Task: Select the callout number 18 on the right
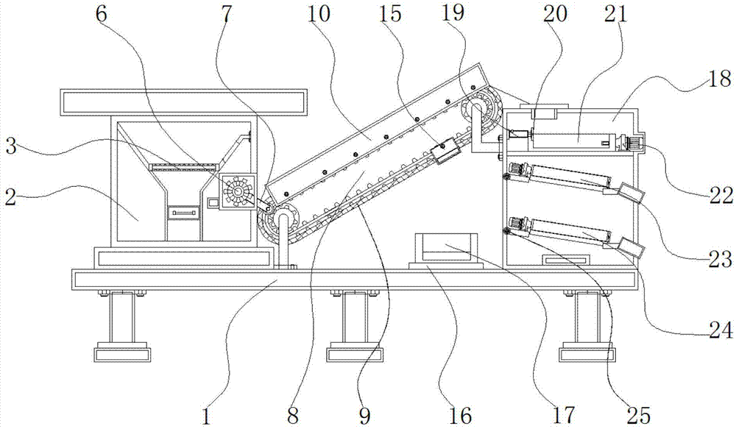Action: pos(719,78)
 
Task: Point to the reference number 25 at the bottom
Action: pos(638,415)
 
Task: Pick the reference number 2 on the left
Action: pos(10,197)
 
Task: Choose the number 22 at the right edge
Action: pos(721,195)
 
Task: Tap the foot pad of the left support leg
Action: pos(123,354)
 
